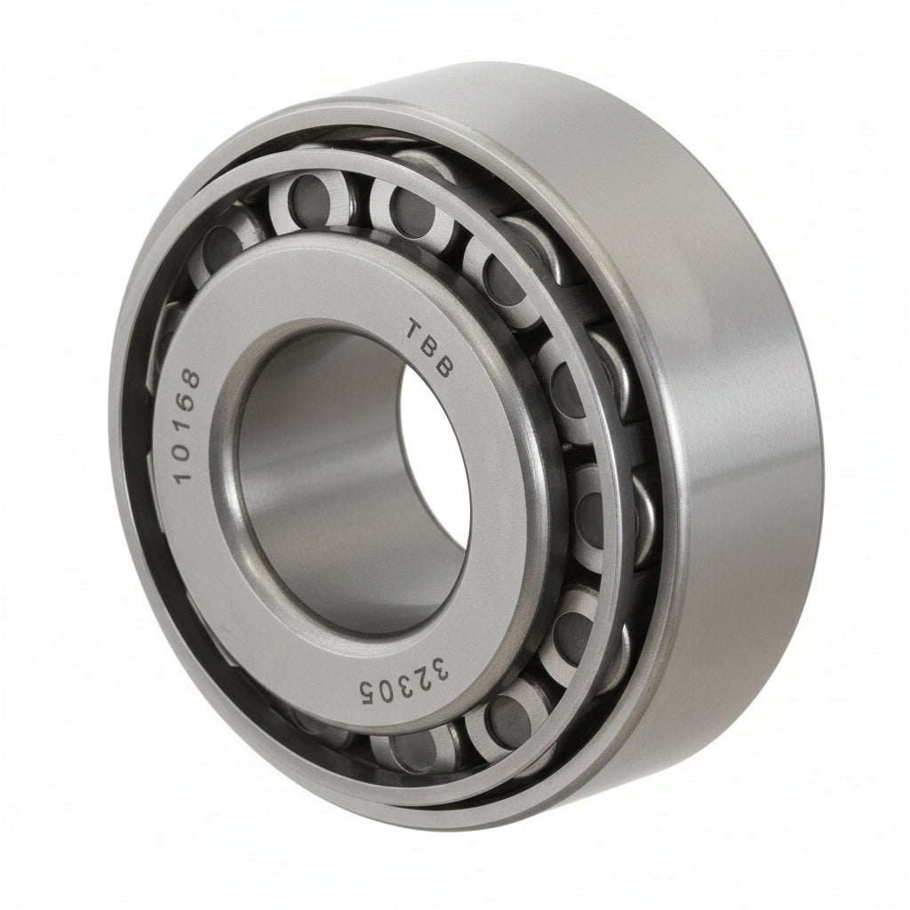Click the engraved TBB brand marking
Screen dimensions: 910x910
[428, 349]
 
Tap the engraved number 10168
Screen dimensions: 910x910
[188, 426]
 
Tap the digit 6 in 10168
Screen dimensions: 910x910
[188, 403]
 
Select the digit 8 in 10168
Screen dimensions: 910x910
[190, 380]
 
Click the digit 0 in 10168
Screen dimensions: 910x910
[187, 447]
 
